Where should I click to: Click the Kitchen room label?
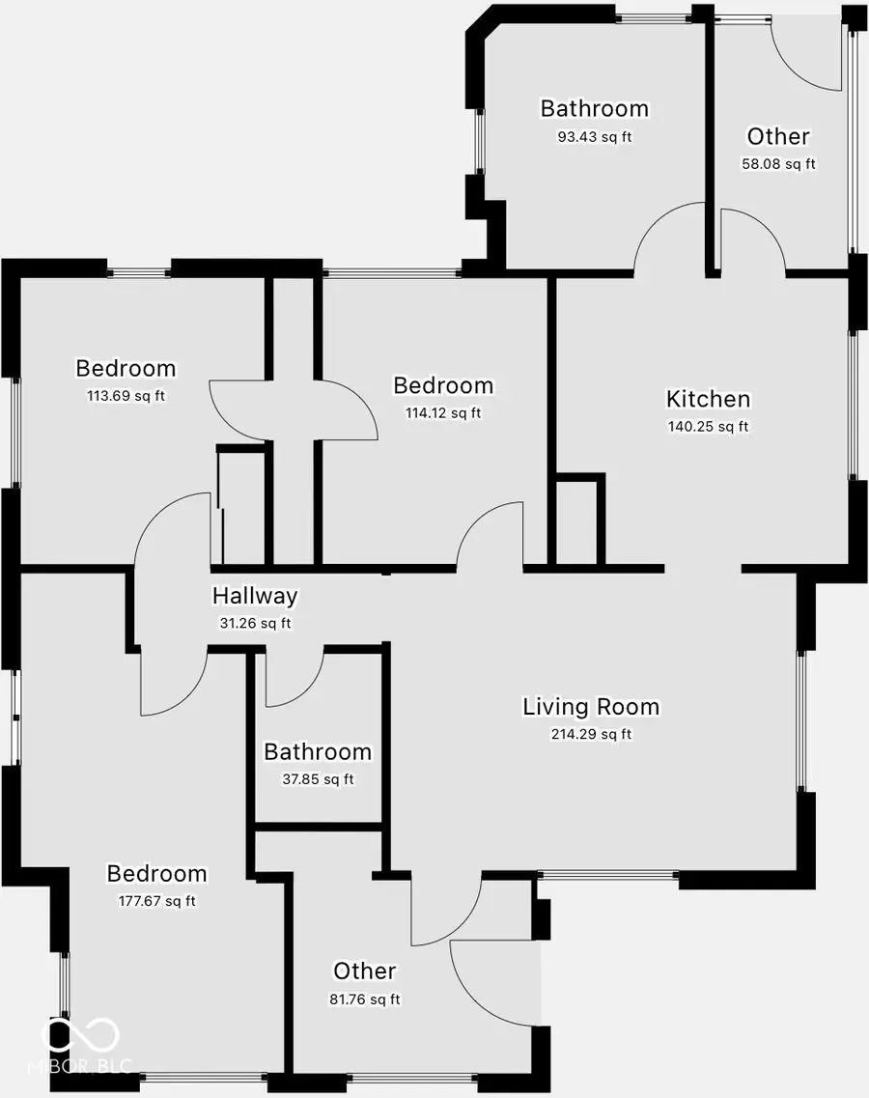[708, 399]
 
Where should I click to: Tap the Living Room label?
[591, 707]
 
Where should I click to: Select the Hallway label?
[255, 597]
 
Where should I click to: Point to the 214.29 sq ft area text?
[591, 734]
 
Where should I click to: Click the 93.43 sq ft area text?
[594, 137]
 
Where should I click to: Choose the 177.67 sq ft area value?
[156, 901]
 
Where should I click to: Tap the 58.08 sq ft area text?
[778, 164]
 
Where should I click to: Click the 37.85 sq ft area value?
[317, 779]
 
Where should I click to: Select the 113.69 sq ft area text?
[126, 395]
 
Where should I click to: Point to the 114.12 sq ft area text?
[442, 413]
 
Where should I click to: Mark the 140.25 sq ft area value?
[708, 426]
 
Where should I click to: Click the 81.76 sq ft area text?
[364, 999]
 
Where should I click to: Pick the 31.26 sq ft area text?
[255, 624]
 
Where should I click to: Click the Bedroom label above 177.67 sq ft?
[156, 874]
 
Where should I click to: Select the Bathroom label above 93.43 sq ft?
[594, 108]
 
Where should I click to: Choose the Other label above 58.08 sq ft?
[778, 136]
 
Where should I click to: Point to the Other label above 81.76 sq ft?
[364, 971]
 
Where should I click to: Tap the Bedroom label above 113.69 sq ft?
[126, 368]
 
